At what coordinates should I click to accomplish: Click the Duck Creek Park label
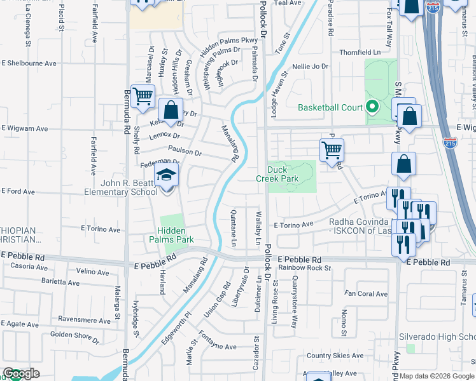click(x=283, y=175)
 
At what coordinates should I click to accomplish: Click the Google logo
click(x=21, y=373)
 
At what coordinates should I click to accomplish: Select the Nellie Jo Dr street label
click(x=311, y=66)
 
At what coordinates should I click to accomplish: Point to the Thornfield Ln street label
click(x=363, y=53)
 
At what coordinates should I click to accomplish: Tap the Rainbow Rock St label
click(x=304, y=267)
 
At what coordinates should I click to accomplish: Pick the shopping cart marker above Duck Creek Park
click(x=332, y=150)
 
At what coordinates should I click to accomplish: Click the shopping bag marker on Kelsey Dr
click(x=171, y=109)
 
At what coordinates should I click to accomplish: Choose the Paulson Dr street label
click(x=185, y=152)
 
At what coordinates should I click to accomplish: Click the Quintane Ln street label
click(x=234, y=229)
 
